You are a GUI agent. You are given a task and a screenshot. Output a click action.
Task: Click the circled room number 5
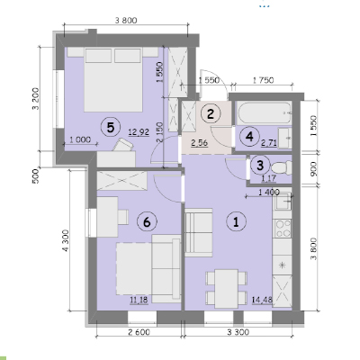click(x=111, y=128)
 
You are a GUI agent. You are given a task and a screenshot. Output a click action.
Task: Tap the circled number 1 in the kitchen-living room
click(x=236, y=222)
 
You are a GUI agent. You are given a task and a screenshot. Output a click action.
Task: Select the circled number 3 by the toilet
click(x=260, y=166)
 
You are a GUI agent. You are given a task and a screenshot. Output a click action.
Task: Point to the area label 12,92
click(x=139, y=132)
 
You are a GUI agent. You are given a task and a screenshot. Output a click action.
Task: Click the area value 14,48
click(x=263, y=300)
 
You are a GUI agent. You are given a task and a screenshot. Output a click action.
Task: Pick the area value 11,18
click(x=139, y=300)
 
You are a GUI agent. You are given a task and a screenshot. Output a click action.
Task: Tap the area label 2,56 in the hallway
click(x=200, y=143)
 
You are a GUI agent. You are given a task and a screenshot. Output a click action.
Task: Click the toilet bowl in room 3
click(x=282, y=167)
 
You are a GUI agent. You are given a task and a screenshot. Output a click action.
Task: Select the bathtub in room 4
click(x=264, y=112)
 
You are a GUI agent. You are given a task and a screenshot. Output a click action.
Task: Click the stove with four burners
click(x=283, y=229)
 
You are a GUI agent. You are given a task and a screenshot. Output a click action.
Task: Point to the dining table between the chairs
click(x=227, y=288)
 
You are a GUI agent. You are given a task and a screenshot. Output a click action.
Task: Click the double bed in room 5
click(x=112, y=79)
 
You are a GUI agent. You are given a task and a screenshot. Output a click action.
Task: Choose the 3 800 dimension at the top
click(x=126, y=21)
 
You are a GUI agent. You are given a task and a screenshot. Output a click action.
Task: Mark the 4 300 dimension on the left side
click(x=66, y=241)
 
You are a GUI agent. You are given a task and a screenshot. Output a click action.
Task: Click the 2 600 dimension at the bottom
click(x=139, y=332)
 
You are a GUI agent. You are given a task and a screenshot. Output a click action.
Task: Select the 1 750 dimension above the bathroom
click(x=263, y=80)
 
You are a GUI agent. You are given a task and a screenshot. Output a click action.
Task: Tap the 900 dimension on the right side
click(x=313, y=168)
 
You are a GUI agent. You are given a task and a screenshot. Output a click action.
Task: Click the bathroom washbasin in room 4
click(x=284, y=138)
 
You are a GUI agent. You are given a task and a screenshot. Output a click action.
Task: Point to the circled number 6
click(x=147, y=222)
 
